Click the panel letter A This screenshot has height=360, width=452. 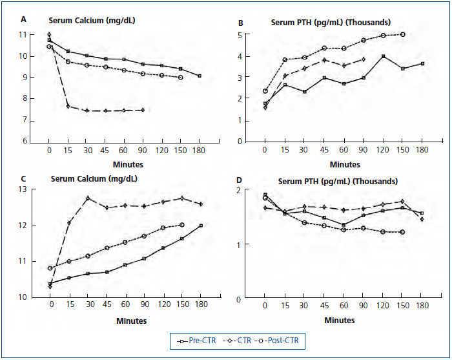24,19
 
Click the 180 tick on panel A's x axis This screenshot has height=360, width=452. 200,151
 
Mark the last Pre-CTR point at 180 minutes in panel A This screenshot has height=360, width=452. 200,76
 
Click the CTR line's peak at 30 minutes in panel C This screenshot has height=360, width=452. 87,198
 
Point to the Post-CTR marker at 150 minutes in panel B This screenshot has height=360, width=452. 403,34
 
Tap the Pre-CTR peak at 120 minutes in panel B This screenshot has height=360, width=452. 384,56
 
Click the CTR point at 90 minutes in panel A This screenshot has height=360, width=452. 142,110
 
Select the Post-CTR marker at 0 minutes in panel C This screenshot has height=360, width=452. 50,268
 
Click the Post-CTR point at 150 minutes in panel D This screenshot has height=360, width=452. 403,232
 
